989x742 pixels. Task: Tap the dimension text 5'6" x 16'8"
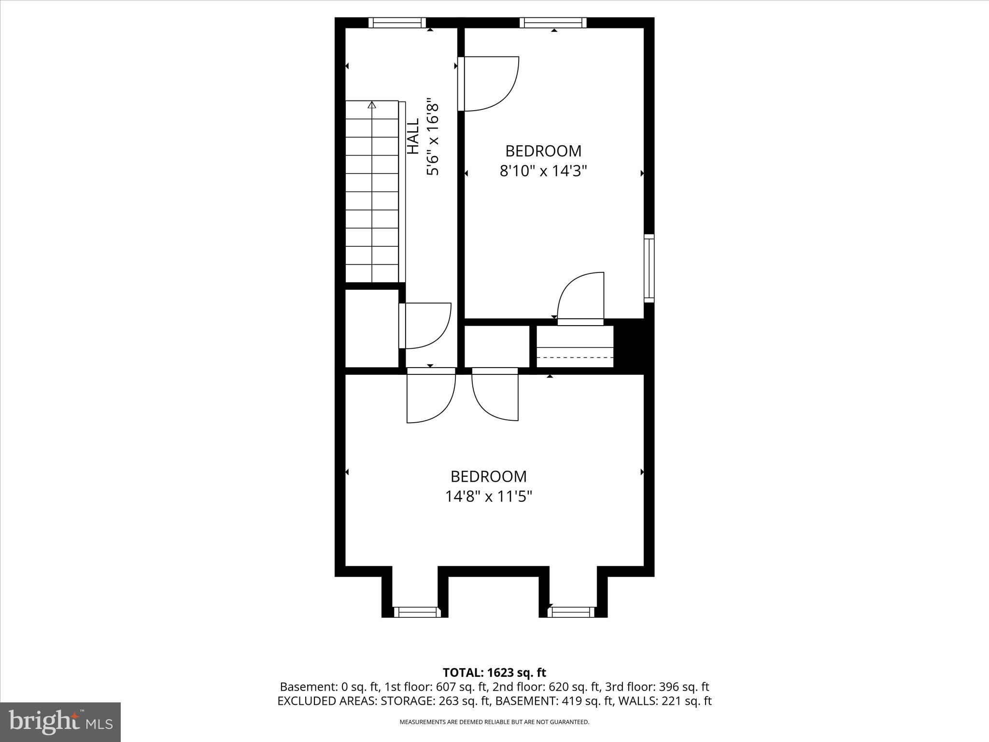pyautogui.click(x=432, y=138)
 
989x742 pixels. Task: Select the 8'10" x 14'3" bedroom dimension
pyautogui.click(x=543, y=171)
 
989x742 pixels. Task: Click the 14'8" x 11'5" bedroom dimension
pyautogui.click(x=488, y=496)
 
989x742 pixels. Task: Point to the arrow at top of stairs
pyautogui.click(x=371, y=105)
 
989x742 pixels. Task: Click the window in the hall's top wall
pyautogui.click(x=397, y=23)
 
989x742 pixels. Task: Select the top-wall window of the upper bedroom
pyautogui.click(x=553, y=23)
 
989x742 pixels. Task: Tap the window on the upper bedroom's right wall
pyautogui.click(x=649, y=268)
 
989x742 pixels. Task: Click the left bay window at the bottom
pyautogui.click(x=417, y=612)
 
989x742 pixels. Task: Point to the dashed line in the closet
pyautogui.click(x=575, y=357)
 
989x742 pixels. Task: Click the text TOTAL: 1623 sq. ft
pyautogui.click(x=494, y=672)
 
